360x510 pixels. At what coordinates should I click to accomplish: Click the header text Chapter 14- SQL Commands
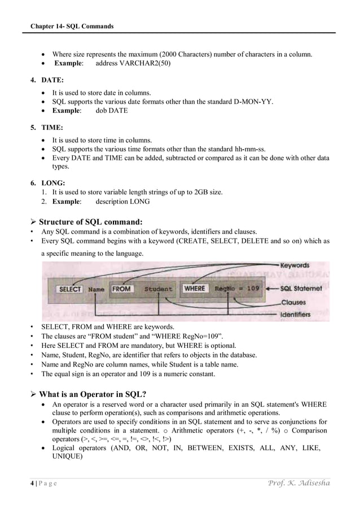(x=72, y=26)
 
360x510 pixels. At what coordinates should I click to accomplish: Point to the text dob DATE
(x=112, y=110)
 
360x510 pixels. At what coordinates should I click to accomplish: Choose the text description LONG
(x=122, y=202)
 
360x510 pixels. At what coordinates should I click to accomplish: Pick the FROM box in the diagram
(x=121, y=289)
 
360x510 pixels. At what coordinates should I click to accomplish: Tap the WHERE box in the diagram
(x=194, y=288)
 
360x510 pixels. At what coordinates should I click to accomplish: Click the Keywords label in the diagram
(x=295, y=265)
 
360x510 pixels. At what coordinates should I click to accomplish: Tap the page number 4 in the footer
(x=33, y=483)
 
